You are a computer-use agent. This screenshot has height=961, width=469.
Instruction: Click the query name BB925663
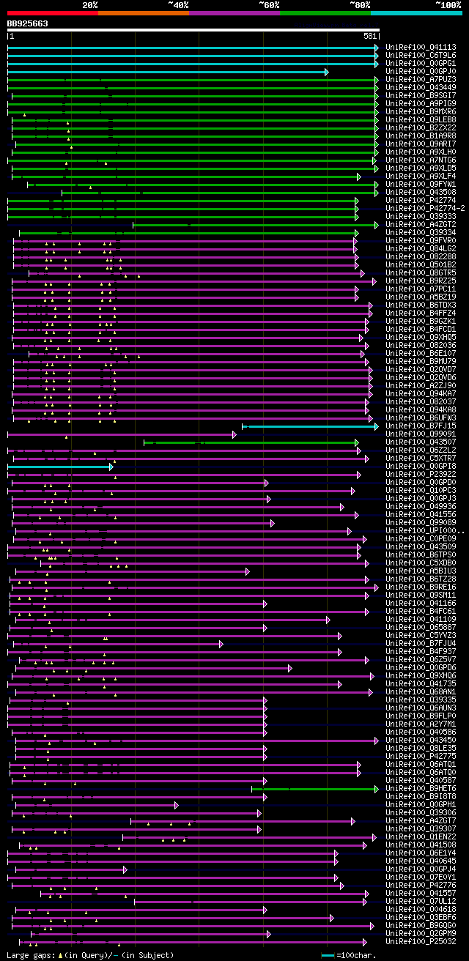click(x=28, y=23)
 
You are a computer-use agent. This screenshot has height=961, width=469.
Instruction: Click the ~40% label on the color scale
click(x=178, y=4)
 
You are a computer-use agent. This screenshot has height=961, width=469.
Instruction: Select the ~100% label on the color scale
click(x=448, y=4)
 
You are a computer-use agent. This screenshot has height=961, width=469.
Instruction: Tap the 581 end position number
click(x=370, y=36)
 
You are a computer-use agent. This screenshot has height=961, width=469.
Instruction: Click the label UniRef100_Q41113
click(x=421, y=47)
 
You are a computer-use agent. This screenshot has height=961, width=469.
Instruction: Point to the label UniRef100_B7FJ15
click(x=421, y=426)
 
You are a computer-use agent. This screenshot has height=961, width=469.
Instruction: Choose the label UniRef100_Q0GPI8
click(x=421, y=466)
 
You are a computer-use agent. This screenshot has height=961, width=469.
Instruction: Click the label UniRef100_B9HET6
click(x=421, y=788)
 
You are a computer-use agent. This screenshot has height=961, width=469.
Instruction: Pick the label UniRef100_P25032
click(x=421, y=941)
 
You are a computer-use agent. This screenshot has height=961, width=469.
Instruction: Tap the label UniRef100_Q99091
click(x=421, y=434)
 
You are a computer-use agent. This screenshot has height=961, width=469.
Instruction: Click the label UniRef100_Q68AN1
click(x=421, y=691)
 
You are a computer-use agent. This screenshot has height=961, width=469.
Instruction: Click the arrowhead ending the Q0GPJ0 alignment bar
click(x=327, y=72)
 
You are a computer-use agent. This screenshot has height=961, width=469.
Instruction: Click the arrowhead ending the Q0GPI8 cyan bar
click(x=111, y=466)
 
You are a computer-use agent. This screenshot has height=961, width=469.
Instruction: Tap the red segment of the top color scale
click(x=52, y=12)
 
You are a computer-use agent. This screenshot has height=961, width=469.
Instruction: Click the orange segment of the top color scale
click(x=143, y=12)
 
